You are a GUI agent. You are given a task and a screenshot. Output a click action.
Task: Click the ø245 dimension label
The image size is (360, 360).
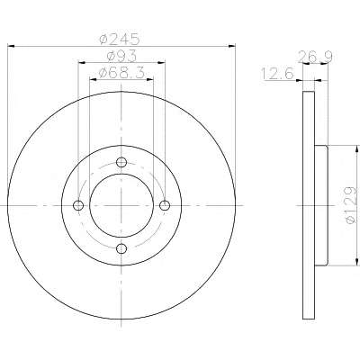120,39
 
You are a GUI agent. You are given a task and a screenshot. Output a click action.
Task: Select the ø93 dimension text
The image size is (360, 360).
121,56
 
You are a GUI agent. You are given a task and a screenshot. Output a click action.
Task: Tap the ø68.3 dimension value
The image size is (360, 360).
122,72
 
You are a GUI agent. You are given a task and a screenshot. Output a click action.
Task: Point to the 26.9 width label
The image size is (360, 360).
315,57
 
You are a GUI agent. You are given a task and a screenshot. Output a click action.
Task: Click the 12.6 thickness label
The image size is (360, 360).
277,74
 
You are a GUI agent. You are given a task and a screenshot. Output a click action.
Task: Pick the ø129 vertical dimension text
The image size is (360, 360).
350,205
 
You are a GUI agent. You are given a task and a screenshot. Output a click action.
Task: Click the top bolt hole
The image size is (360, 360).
121,162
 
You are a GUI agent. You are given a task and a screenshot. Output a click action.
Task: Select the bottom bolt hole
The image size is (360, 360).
121,248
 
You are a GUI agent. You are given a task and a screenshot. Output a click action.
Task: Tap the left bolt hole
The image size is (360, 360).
78,205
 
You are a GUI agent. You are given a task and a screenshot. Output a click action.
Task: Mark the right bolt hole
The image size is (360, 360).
165,205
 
